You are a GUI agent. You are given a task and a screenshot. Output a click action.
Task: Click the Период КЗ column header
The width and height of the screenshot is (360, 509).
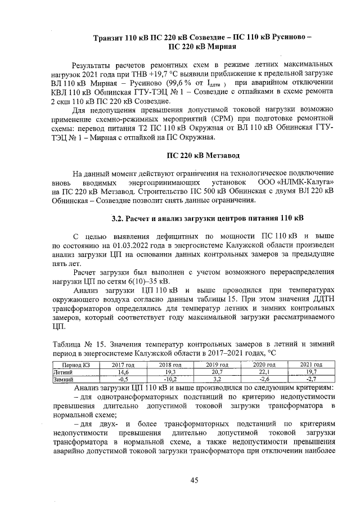coord(75,365)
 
